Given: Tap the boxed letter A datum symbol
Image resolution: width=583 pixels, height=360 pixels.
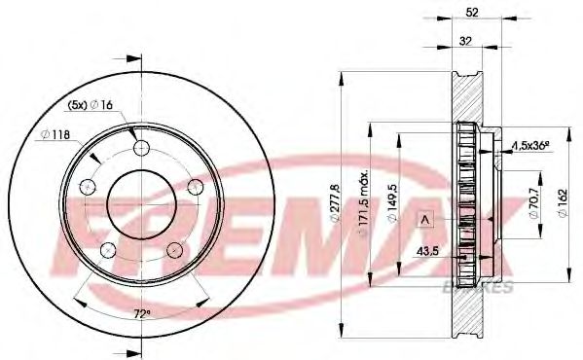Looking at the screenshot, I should [x=425, y=220].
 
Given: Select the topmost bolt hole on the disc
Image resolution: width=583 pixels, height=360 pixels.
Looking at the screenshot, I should [x=142, y=148].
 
